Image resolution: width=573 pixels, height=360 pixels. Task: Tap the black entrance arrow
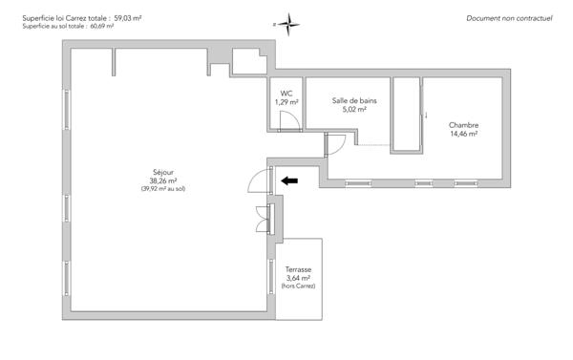[288, 180]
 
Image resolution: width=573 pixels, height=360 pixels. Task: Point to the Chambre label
[463, 125]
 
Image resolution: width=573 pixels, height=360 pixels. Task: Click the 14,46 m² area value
[463, 134]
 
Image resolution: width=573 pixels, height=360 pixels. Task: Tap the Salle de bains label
[353, 100]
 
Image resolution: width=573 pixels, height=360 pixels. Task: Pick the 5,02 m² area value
[353, 109]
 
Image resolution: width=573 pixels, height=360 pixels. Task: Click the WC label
[286, 93]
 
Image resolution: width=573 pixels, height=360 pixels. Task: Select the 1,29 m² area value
[286, 101]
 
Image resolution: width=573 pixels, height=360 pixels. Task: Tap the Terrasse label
[299, 269]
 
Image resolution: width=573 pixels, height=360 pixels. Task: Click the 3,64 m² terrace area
[299, 278]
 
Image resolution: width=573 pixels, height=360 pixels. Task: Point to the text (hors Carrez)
[299, 286]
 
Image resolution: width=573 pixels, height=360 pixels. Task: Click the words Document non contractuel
[509, 18]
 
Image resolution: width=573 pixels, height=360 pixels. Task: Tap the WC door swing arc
[285, 119]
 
